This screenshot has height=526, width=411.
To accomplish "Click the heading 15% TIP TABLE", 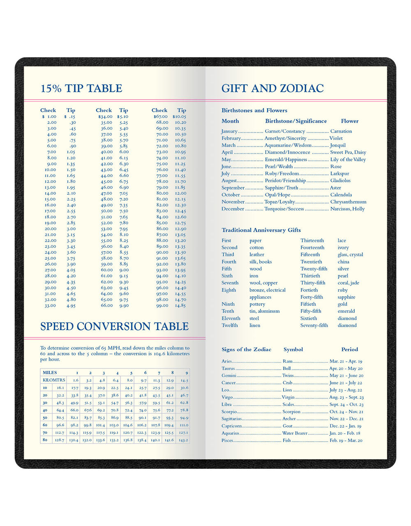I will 81,88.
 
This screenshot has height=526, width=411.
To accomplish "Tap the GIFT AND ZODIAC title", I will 272,88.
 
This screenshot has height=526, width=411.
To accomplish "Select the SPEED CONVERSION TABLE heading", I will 114,327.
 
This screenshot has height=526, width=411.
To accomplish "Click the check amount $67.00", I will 159,116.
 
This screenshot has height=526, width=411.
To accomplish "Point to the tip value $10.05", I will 179,116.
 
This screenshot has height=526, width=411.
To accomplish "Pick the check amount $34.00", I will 105,116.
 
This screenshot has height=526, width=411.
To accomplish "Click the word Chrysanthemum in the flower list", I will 348,202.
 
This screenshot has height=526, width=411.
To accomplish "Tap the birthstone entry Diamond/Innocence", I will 287,152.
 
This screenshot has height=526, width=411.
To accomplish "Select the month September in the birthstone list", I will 233,188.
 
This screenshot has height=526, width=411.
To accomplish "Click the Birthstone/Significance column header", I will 296,121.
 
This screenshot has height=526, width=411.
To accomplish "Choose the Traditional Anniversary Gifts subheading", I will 261,230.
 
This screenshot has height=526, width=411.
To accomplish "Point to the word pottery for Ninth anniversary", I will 257,304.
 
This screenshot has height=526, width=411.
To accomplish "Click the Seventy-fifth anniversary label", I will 314,326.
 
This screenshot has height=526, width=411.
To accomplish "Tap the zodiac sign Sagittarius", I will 231,419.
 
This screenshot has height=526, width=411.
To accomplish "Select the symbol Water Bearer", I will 295,433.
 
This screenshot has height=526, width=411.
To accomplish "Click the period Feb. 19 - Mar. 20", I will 346,440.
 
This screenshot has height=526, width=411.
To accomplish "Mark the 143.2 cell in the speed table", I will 183,440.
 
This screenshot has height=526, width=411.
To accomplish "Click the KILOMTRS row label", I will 54,380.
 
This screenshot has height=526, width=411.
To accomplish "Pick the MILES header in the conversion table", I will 50,372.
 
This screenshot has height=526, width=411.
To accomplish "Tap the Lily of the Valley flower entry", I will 348,160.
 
